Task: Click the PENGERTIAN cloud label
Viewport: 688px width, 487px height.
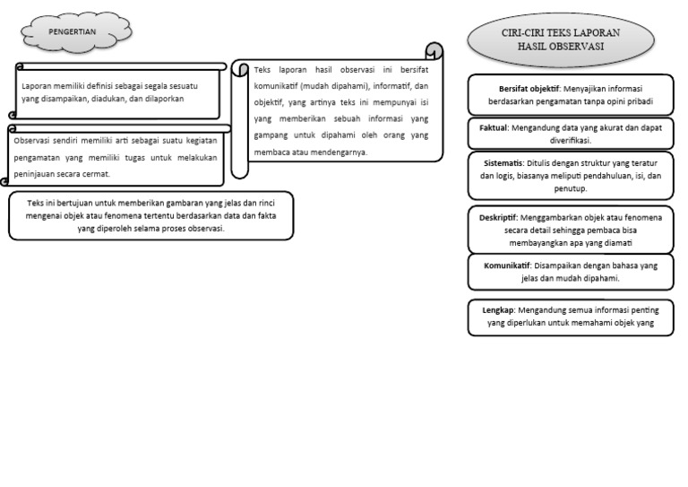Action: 72,31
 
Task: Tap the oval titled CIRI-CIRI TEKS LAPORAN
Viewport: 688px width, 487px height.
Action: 561,40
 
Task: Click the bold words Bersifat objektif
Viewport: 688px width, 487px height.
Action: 529,89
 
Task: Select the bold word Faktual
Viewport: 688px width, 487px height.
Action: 494,127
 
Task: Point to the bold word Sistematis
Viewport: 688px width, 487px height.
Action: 503,163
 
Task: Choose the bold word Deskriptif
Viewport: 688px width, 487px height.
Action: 498,217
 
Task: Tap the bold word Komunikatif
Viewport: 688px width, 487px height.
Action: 507,265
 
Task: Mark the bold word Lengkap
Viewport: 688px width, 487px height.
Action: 497,310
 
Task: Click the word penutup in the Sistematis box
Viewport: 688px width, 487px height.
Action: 570,189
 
